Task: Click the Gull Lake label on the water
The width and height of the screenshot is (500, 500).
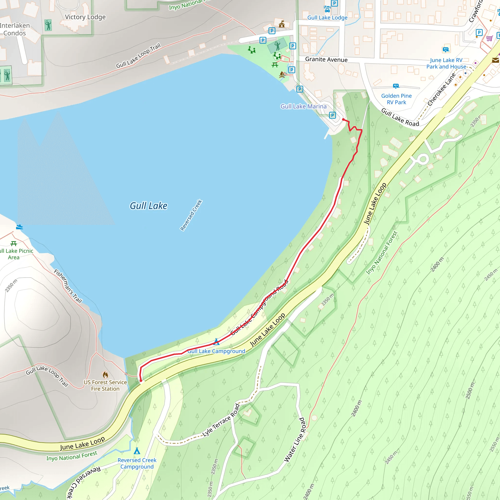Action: [148, 206]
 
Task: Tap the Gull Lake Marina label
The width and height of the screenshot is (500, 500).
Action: [303, 106]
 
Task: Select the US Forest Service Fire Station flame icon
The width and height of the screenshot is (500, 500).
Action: [105, 375]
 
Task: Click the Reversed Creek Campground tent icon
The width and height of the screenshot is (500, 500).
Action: [137, 451]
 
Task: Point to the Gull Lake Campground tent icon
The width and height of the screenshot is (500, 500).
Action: [216, 342]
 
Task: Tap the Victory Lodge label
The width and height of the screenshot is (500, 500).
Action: [85, 17]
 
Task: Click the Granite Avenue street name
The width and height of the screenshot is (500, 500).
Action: [326, 60]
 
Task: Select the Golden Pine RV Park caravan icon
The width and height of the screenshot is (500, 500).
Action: [396, 86]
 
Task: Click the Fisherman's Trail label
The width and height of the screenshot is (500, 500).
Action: [68, 286]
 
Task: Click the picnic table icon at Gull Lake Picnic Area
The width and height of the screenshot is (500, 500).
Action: [13, 243]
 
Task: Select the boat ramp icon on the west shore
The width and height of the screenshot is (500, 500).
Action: [20, 227]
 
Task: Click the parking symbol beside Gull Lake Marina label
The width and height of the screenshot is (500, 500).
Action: [332, 115]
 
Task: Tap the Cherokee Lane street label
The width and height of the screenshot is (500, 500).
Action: [441, 90]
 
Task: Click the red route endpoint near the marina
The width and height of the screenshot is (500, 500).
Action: [344, 120]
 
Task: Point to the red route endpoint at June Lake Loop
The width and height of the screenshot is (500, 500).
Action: [141, 381]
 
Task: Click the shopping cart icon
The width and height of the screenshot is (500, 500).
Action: [489, 38]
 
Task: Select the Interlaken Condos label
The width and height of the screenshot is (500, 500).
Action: [15, 29]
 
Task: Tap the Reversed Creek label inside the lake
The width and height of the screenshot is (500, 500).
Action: [191, 215]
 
